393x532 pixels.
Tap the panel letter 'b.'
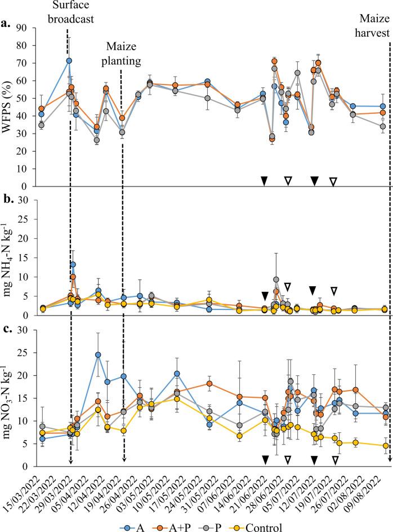click(7, 198)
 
